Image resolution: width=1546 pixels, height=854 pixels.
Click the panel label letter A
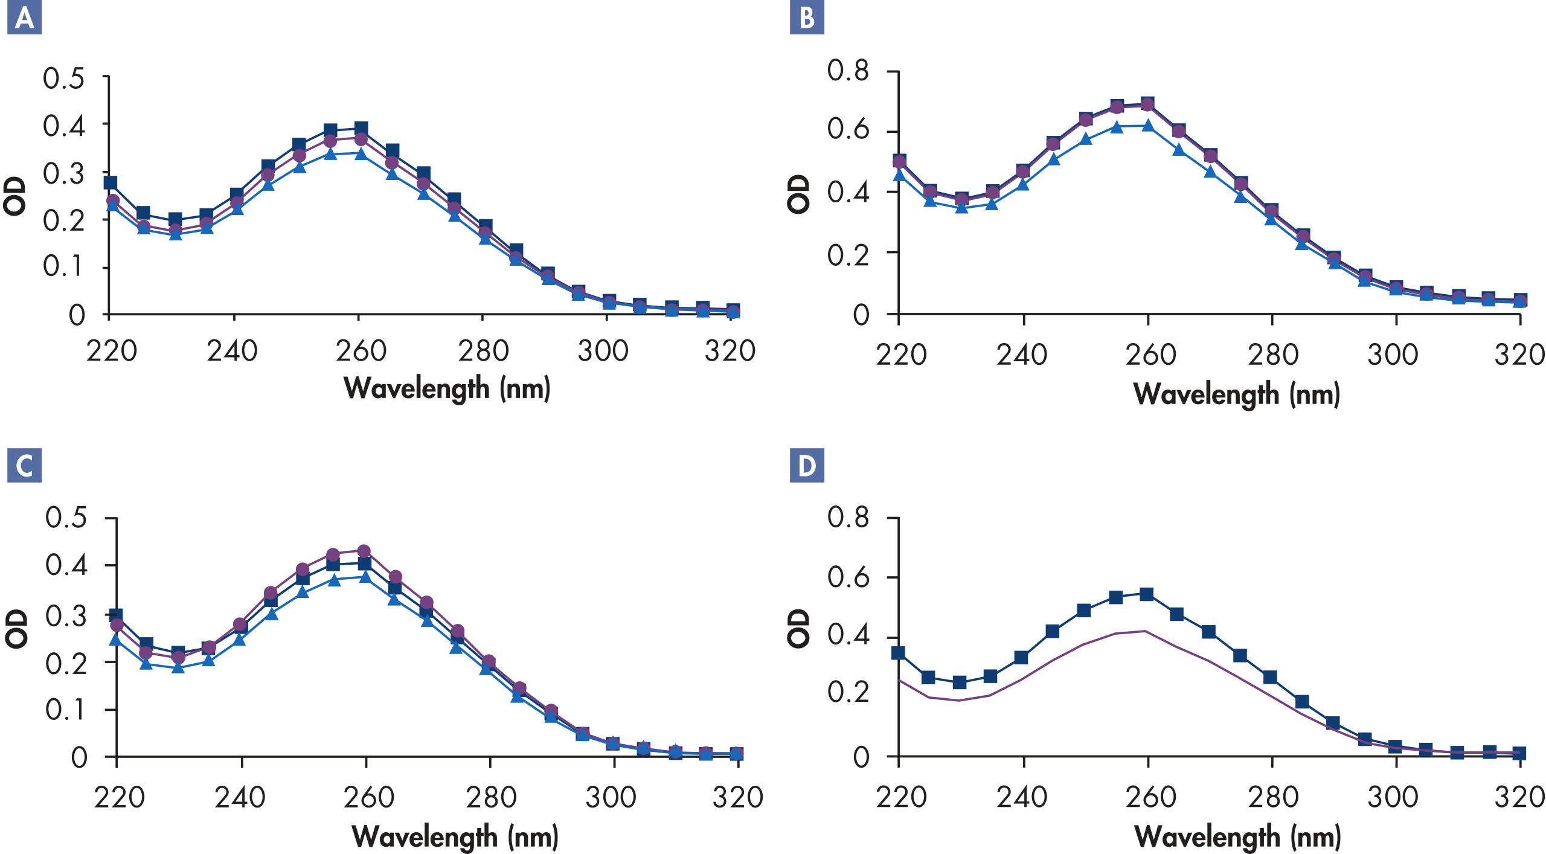24,18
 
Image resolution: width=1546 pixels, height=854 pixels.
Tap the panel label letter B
807,18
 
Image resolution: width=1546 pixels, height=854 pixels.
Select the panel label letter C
24,466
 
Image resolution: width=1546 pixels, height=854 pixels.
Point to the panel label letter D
807,466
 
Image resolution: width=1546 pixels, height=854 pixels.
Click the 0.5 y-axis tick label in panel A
63,79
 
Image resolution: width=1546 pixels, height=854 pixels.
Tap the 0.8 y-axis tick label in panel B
848,71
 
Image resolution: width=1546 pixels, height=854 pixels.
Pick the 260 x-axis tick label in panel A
361,351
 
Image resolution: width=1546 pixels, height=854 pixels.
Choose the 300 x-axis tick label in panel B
1393,355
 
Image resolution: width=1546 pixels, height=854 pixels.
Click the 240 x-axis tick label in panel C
240,797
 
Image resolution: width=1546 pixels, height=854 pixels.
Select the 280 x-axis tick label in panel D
1273,797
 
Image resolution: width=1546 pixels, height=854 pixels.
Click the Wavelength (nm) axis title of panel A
447,388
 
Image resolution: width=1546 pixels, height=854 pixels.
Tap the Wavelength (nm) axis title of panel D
1237,837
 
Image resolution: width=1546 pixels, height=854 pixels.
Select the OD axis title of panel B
798,194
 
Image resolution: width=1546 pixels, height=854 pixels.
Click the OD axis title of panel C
16,629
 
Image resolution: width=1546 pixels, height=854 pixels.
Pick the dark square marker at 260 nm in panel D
1146,594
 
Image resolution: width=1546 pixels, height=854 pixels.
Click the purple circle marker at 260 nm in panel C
364,551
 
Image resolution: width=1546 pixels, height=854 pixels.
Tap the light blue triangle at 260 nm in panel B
1147,126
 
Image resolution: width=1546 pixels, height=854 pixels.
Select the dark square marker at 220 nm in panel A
110,182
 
